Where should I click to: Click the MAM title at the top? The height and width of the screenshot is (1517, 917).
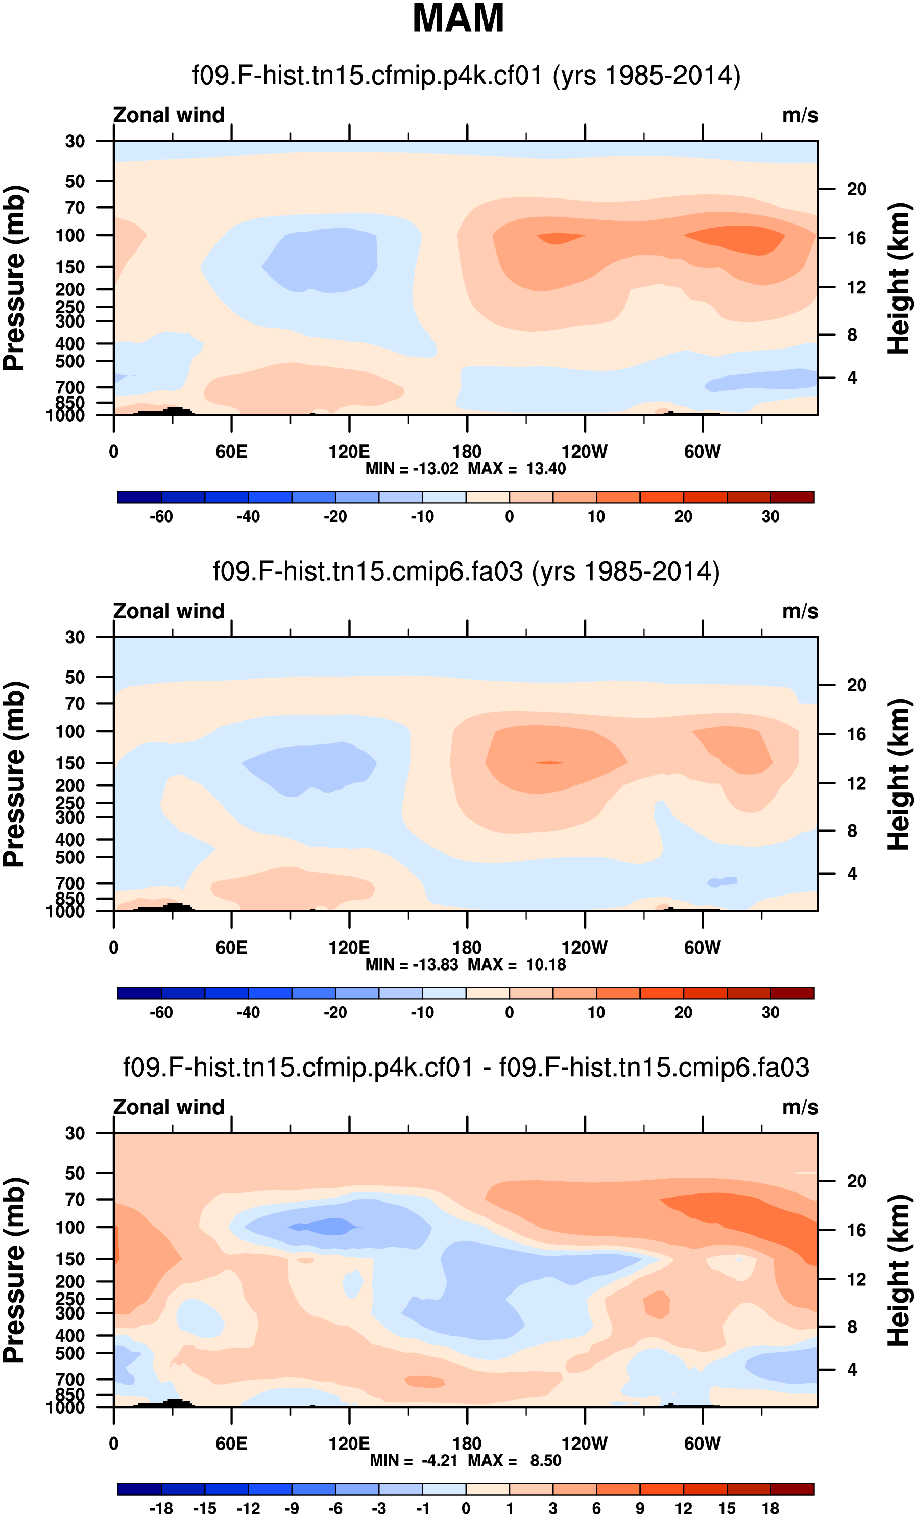[457, 18]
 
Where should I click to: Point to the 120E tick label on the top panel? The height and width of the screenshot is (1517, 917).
[349, 452]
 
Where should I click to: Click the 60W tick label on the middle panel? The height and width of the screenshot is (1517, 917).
[702, 948]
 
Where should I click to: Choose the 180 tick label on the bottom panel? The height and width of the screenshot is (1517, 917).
[467, 1444]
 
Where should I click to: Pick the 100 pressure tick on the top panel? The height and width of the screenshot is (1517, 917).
[70, 236]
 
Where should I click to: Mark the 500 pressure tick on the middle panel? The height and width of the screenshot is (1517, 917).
[70, 857]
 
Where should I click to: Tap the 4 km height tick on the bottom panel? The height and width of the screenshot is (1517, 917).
[852, 1369]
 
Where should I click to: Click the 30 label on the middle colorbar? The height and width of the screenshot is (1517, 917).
[770, 1012]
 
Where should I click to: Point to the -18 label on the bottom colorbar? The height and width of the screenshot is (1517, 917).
[161, 1508]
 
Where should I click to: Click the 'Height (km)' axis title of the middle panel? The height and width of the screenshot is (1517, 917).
[899, 774]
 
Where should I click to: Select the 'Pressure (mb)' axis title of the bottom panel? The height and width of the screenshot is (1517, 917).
[15, 1270]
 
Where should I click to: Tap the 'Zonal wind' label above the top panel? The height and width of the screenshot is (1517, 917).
[168, 115]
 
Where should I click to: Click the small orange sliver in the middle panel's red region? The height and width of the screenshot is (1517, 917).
[549, 763]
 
